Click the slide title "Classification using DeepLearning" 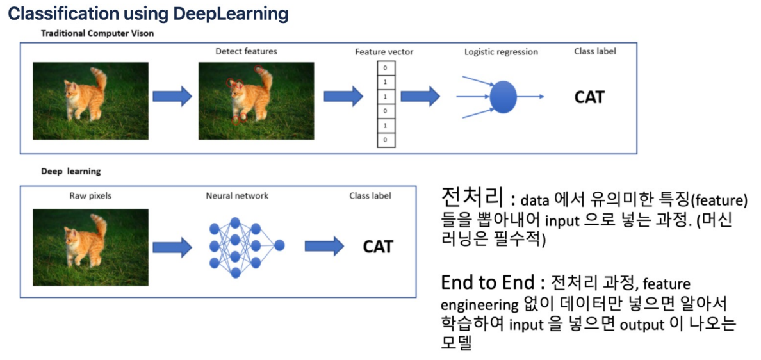tap(148, 13)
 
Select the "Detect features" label tap(246, 51)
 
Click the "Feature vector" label tap(384, 52)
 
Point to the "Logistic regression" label tap(501, 52)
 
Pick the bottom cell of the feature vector tap(385, 139)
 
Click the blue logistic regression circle tap(503, 97)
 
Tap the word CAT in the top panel tap(589, 97)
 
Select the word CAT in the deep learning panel tap(378, 247)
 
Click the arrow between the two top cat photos tap(172, 97)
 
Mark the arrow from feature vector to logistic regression tap(420, 97)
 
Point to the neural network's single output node tap(279, 245)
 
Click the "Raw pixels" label tap(90, 195)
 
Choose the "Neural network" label tap(238, 195)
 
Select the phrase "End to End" tap(488, 282)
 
